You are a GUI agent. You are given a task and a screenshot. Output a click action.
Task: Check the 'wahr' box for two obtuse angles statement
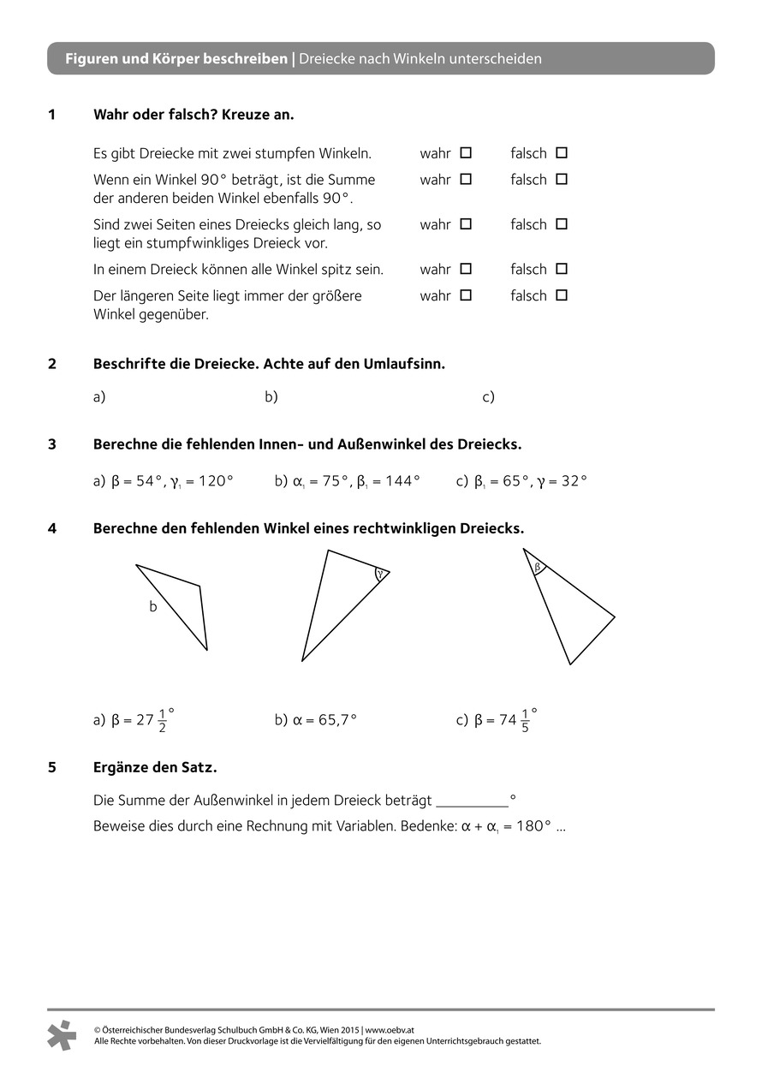pyautogui.click(x=466, y=153)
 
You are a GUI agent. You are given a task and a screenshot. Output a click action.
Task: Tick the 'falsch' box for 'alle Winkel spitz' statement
pyautogui.click(x=562, y=269)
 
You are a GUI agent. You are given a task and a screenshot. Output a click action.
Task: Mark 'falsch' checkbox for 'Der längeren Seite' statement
pyautogui.click(x=562, y=295)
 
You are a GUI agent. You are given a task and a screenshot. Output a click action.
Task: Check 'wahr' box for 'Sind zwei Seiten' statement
pyautogui.click(x=466, y=224)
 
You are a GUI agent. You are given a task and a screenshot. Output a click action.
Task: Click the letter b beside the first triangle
pyautogui.click(x=153, y=607)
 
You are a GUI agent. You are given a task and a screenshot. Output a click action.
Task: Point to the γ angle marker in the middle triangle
pyautogui.click(x=379, y=574)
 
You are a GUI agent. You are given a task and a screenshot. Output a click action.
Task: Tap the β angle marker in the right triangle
pyautogui.click(x=538, y=567)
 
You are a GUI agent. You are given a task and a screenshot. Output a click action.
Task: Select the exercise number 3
pyautogui.click(x=52, y=444)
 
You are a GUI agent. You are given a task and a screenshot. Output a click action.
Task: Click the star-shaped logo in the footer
pyautogui.click(x=62, y=1035)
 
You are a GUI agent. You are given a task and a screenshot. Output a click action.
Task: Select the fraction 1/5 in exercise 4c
pyautogui.click(x=525, y=721)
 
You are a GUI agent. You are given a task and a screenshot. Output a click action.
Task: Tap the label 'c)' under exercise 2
pyautogui.click(x=489, y=397)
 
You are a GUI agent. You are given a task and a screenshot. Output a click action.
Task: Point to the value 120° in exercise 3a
pyautogui.click(x=216, y=481)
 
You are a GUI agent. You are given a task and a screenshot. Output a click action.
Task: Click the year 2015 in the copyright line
pyautogui.click(x=349, y=1030)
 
